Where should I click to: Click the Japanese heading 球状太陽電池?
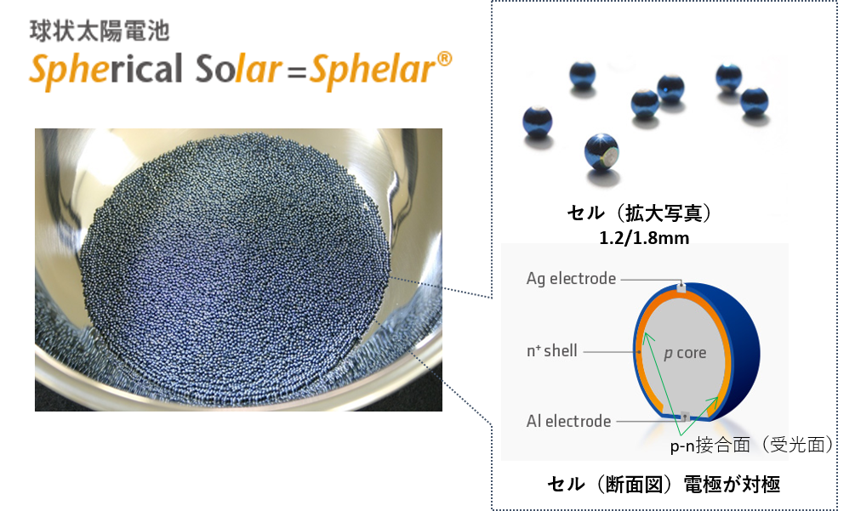pos(100,31)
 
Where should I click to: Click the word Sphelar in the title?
pos(373,71)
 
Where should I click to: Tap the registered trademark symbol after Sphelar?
pos(444,59)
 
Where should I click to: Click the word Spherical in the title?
pos(105,71)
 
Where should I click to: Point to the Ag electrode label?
pos(571,279)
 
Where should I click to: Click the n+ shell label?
pos(552,351)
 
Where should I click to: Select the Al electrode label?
pos(568,421)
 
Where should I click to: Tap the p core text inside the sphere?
pos(685,353)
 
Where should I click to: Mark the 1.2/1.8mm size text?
pos(644,238)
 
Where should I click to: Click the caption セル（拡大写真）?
pos(640,213)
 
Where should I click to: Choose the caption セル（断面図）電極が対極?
pos(664,484)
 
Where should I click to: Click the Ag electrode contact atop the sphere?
pos(681,287)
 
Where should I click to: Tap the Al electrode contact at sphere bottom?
pos(682,417)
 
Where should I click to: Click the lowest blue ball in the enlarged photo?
pos(601,152)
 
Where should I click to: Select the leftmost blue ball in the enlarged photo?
pos(537,121)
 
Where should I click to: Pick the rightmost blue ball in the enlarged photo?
pos(754,101)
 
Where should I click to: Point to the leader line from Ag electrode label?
pos(649,280)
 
